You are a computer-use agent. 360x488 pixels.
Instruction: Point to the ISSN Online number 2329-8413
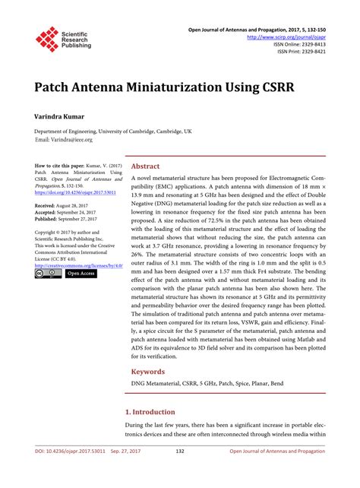pos(305,43)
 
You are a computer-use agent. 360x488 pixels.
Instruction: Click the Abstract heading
pos(145,166)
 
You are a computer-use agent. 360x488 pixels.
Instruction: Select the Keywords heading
pos(149,372)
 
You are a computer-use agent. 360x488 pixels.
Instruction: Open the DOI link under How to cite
pos(69,192)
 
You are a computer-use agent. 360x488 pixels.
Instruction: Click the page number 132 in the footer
pos(180,473)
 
